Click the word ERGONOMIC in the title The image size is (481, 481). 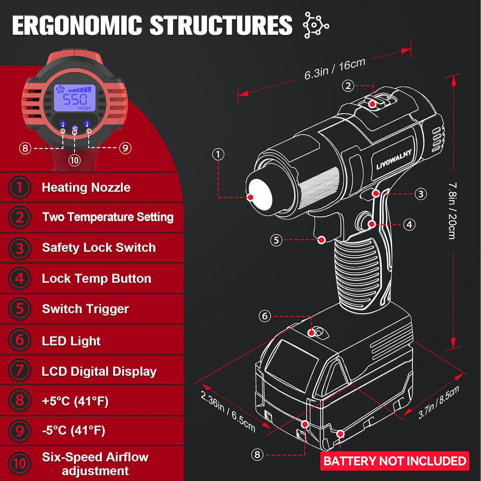click(77, 25)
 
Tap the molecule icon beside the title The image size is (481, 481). click(315, 25)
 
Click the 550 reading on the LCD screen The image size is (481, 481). click(75, 99)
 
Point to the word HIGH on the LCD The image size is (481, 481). click(84, 108)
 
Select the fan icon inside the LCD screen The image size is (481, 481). click(60, 89)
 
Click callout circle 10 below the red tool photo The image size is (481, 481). click(75, 160)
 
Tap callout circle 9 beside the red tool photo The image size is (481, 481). click(125, 148)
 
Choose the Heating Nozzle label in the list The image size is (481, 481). click(86, 188)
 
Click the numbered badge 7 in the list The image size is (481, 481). click(20, 371)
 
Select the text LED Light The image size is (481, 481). click(71, 341)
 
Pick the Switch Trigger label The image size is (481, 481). click(85, 309)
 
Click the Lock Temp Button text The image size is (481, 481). click(97, 279)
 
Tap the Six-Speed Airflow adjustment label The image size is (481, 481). click(95, 464)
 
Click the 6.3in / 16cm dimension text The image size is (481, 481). click(334, 69)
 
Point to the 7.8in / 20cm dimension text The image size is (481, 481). click(453, 211)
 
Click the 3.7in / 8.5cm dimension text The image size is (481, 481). click(439, 402)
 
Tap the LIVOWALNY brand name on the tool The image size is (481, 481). click(394, 160)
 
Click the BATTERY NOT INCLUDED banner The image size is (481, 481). click(395, 461)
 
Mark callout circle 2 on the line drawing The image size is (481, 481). click(348, 86)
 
